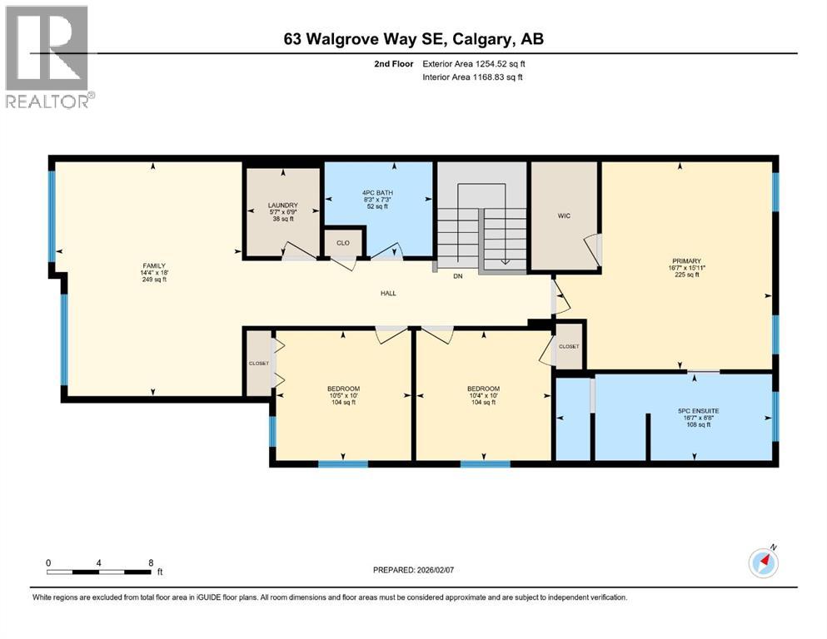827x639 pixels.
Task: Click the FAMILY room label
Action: click(153, 265)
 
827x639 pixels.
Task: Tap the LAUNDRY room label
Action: click(282, 206)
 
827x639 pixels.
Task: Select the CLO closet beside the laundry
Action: click(342, 244)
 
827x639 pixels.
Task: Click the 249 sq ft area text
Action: click(153, 280)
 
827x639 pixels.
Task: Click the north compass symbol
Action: click(763, 562)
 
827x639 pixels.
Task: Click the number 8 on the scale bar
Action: click(150, 562)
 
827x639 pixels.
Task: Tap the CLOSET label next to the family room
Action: click(258, 364)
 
